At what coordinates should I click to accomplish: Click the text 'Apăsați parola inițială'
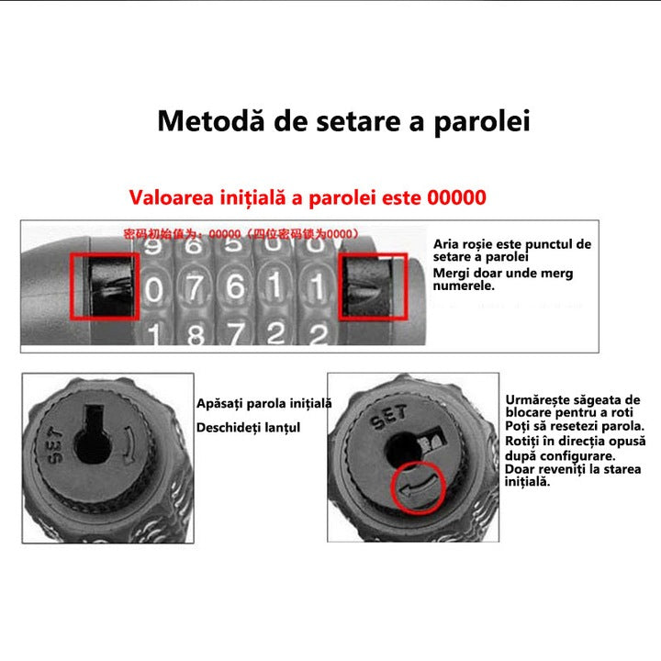pos(264,404)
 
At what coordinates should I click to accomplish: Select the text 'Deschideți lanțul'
pos(248,427)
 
